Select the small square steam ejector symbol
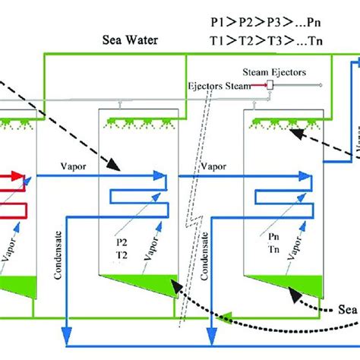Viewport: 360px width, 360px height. click(270, 87)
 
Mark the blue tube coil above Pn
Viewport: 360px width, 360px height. click(281, 193)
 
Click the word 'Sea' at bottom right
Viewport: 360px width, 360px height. click(346, 308)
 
